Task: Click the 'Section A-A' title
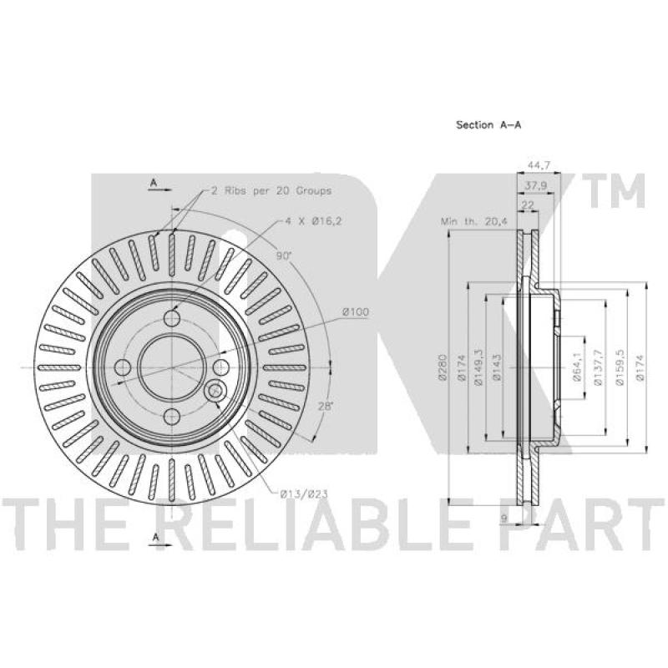(x=488, y=124)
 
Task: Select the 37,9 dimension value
(x=536, y=185)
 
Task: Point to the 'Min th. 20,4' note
(x=474, y=221)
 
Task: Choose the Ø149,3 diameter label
(x=478, y=367)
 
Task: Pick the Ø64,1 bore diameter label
(x=577, y=367)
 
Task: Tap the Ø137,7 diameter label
(x=597, y=367)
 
